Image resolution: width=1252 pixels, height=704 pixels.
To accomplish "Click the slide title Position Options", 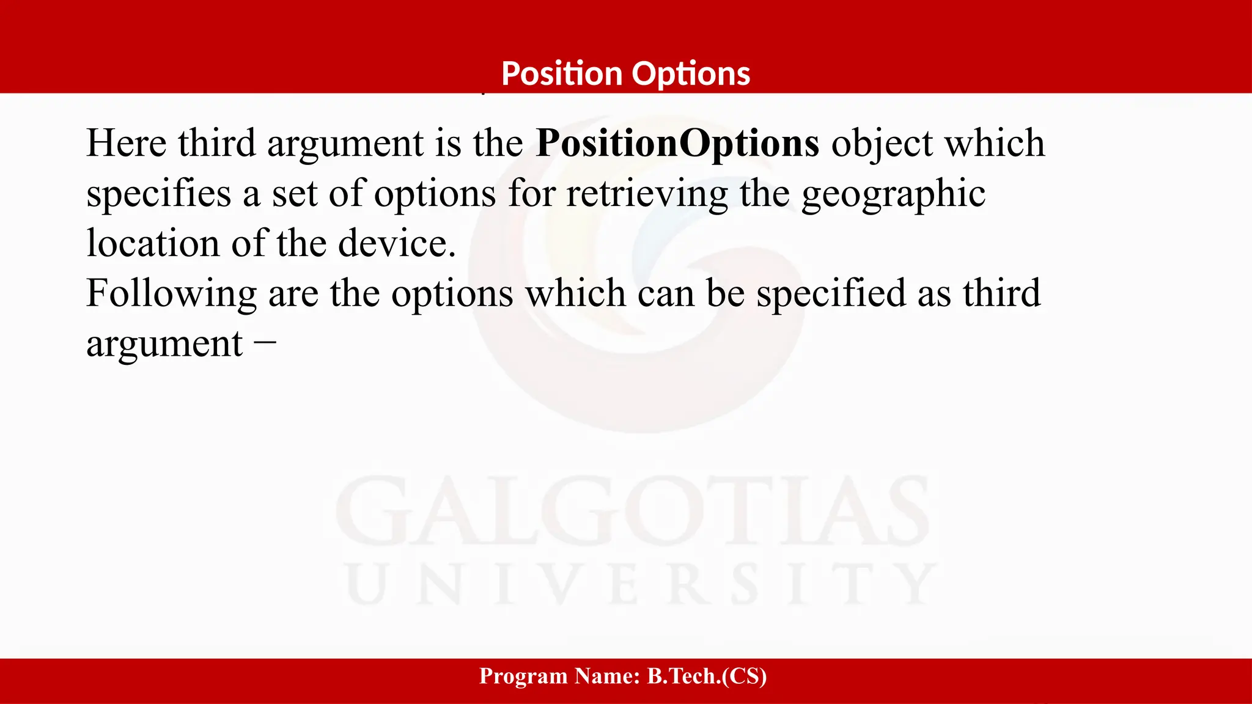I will pyautogui.click(x=625, y=74).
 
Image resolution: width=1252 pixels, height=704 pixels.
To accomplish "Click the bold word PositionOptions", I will pyautogui.click(x=677, y=144).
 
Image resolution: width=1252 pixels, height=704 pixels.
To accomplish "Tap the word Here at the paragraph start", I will pyautogui.click(x=127, y=144).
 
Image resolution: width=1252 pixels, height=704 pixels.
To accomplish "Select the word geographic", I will pyautogui.click(x=893, y=194).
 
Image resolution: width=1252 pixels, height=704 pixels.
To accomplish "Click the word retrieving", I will pyautogui.click(x=647, y=194).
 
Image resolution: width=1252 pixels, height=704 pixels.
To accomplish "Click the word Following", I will pyautogui.click(x=171, y=294).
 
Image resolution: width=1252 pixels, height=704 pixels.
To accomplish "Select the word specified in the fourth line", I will pyautogui.click(x=831, y=294).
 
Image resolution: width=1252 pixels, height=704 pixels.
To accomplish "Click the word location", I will pyautogui.click(x=153, y=244).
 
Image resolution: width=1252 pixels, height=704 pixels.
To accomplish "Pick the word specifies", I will pyautogui.click(x=159, y=194).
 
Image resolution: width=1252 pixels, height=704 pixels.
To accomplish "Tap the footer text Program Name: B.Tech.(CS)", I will pyautogui.click(x=623, y=676).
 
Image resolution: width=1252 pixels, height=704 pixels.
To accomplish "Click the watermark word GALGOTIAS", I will pyautogui.click(x=633, y=512).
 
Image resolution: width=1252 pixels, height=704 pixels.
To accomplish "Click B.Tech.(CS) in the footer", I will pyautogui.click(x=707, y=676).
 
